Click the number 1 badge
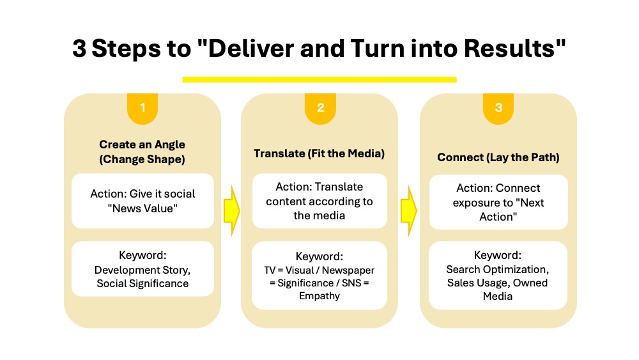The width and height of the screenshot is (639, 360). (x=142, y=108)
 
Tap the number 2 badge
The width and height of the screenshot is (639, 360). (x=320, y=108)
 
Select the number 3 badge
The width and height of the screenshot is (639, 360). (x=498, y=108)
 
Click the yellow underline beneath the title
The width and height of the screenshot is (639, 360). (x=319, y=79)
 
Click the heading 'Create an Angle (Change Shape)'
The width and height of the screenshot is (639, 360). (x=142, y=152)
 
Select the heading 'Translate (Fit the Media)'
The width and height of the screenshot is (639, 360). (x=319, y=153)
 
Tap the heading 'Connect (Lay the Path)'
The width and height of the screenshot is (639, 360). (x=498, y=157)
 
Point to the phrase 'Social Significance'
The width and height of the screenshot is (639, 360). (x=142, y=283)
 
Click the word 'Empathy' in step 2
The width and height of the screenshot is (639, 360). (x=319, y=296)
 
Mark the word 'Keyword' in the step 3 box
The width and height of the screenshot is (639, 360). (x=498, y=255)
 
